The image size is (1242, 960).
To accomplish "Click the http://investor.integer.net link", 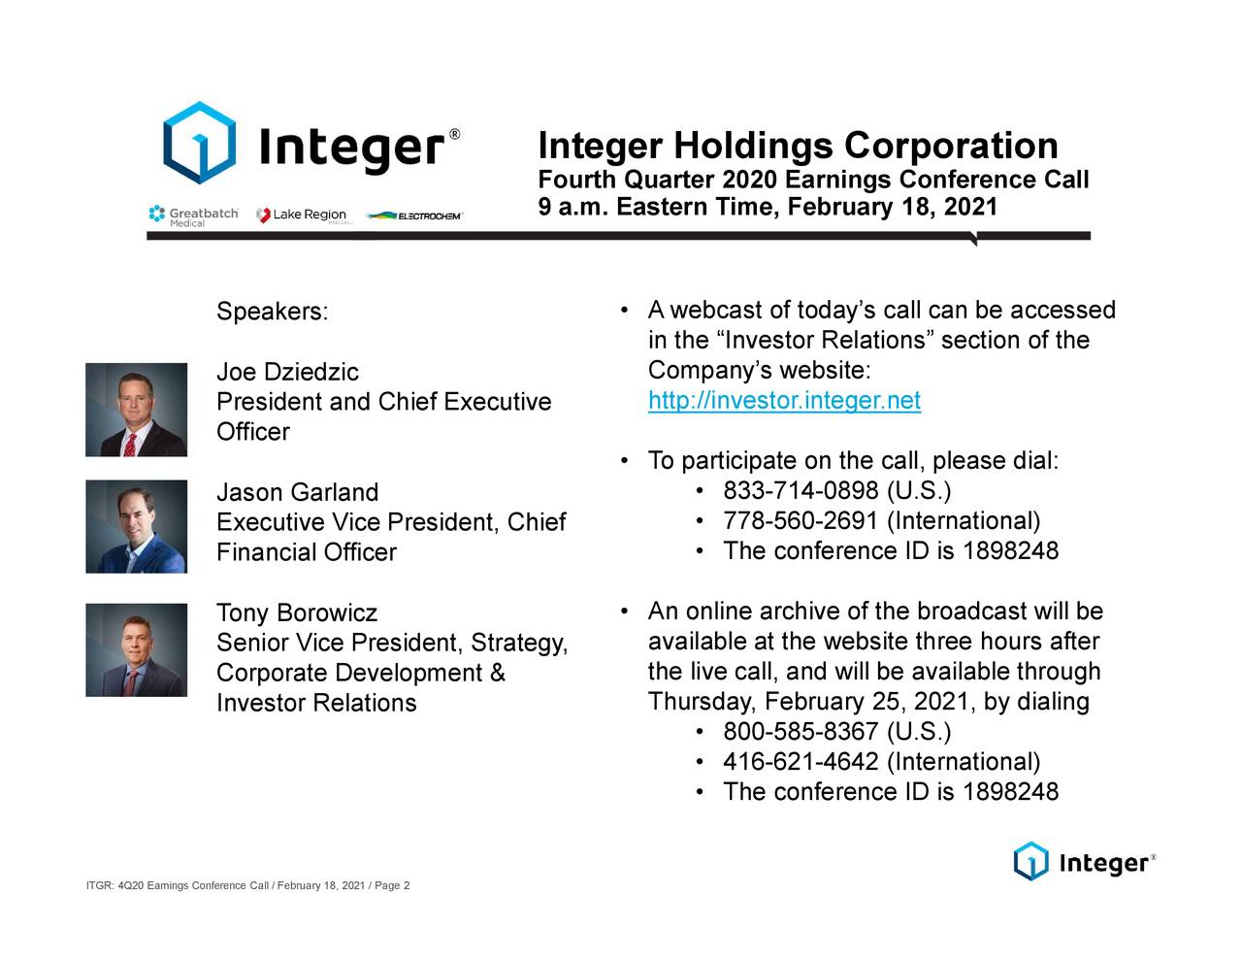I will [x=784, y=401].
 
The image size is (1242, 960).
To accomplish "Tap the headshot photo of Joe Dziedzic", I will [x=136, y=410].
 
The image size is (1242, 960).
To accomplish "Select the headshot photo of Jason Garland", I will [x=136, y=526].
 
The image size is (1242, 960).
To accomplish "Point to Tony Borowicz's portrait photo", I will [x=136, y=649].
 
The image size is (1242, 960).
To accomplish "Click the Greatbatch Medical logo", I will [x=193, y=215].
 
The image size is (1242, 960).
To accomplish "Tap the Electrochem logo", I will [x=414, y=215].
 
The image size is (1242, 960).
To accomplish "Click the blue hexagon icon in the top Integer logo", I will [x=199, y=143].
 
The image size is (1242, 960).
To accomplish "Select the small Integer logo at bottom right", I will [x=1084, y=862].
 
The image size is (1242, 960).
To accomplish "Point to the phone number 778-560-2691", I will [x=801, y=521].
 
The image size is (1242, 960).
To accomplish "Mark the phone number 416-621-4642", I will [x=801, y=762].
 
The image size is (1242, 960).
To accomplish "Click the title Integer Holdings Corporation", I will [x=798, y=146].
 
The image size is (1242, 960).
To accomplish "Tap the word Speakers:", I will [x=272, y=312].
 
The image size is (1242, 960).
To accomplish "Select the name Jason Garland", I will [x=297, y=492].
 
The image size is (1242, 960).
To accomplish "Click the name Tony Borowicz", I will [x=296, y=613].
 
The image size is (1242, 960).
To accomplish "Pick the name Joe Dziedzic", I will [x=287, y=373].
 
